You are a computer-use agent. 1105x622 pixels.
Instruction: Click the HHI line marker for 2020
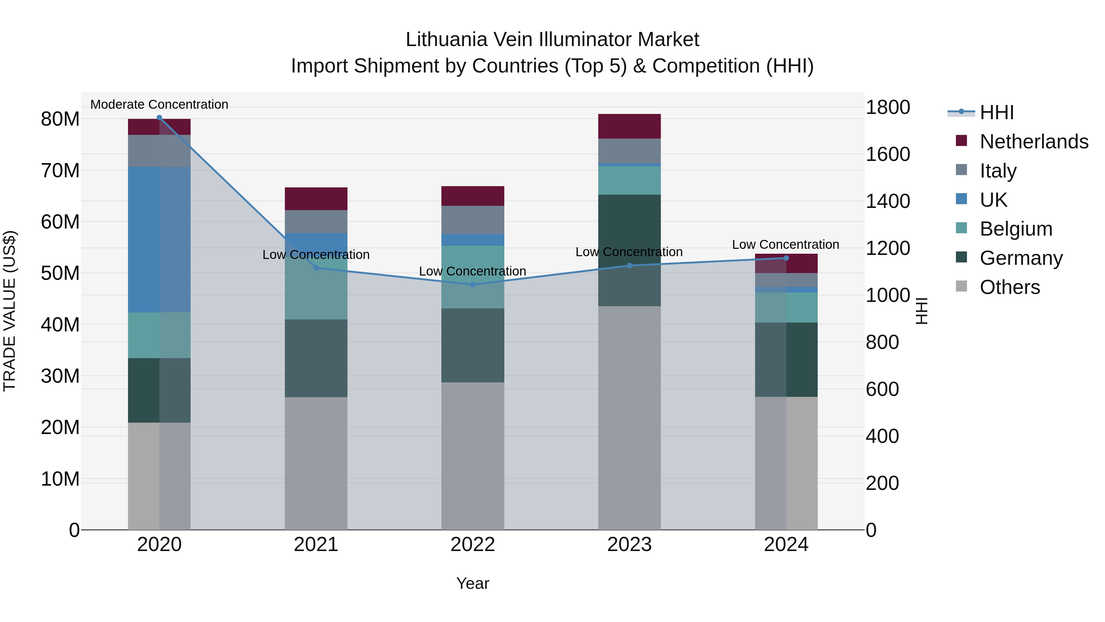tap(159, 118)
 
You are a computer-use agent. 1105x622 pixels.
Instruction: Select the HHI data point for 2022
tap(473, 285)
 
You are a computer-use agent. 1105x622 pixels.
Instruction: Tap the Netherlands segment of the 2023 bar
tap(629, 126)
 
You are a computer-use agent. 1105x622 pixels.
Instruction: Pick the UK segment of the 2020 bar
tap(159, 240)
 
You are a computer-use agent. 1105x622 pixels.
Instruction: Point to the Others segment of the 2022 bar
tap(473, 456)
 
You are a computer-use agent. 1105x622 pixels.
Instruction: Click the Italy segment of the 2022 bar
tap(473, 220)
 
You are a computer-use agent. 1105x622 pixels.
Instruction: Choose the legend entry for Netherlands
tap(1034, 142)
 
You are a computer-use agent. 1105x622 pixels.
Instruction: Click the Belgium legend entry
tap(1016, 229)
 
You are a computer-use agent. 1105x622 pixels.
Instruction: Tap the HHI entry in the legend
tap(996, 112)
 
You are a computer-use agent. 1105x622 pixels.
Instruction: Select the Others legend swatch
tap(961, 286)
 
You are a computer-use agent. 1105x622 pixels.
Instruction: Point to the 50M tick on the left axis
tap(60, 273)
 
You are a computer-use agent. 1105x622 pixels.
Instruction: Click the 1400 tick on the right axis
tap(887, 201)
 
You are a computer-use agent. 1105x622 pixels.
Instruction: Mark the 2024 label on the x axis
tap(786, 545)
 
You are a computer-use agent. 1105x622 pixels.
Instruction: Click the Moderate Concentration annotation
tap(159, 104)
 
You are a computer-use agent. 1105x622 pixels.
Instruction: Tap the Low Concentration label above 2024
tap(785, 245)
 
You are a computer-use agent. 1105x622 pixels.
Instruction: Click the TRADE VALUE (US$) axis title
tap(10, 311)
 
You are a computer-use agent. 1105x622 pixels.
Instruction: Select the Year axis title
tap(473, 583)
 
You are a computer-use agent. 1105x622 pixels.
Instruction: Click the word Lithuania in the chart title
tap(446, 40)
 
